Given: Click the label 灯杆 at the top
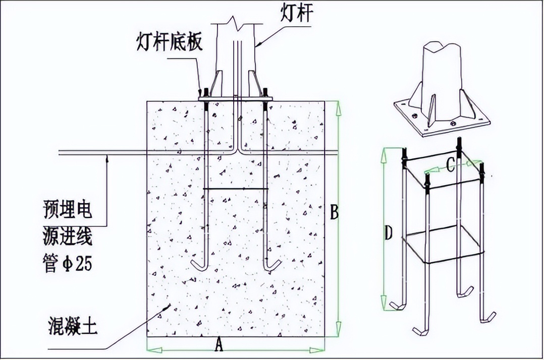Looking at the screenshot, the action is click(x=297, y=14).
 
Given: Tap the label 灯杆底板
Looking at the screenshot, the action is click(x=170, y=42).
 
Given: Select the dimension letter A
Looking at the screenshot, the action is click(x=218, y=344).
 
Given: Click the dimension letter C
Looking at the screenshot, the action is click(x=450, y=165).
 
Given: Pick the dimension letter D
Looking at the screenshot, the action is click(x=388, y=233).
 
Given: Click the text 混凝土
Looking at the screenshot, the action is click(x=73, y=325).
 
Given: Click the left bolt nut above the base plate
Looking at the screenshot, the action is click(x=206, y=93).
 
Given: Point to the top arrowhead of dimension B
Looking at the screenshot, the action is click(x=339, y=107).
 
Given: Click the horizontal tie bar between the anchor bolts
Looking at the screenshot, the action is click(x=236, y=189).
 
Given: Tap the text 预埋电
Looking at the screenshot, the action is click(x=68, y=210).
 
